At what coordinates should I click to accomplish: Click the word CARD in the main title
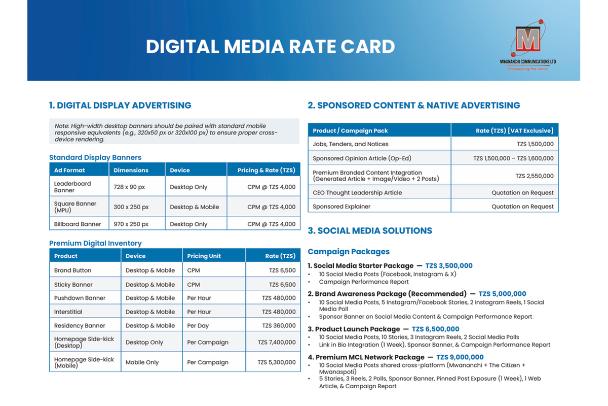[x=368, y=47]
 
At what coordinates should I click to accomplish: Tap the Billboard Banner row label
[x=78, y=224]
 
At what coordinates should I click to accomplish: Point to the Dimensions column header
[x=131, y=170]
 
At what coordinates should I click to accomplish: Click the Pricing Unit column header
[x=204, y=256]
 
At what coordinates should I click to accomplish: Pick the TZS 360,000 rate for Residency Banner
[x=279, y=325]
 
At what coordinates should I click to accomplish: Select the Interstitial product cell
[x=68, y=312]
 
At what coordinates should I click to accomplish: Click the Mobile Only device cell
[x=142, y=362]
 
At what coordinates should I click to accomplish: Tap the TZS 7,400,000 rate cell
[x=277, y=342]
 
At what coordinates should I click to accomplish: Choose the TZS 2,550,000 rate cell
[x=535, y=176]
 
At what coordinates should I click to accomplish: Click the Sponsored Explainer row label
[x=341, y=207]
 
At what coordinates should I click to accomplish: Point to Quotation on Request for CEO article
[x=522, y=192]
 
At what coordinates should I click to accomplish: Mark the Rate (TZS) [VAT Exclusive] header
[x=515, y=131]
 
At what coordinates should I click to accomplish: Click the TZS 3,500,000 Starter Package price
[x=449, y=266]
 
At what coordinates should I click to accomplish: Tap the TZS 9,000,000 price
[x=460, y=357]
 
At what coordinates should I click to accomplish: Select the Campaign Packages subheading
[x=349, y=252]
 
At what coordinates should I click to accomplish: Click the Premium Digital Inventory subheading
[x=95, y=243]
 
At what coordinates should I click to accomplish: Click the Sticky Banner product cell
[x=73, y=284]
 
